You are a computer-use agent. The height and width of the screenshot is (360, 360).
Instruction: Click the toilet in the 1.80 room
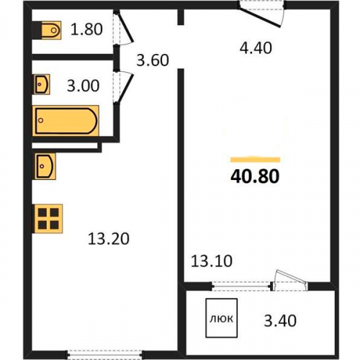[51, 30]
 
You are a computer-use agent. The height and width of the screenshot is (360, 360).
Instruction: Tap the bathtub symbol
[66, 121]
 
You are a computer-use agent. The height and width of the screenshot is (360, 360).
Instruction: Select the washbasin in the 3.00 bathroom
[42, 84]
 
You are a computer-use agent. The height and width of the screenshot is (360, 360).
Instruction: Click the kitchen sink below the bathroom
[45, 166]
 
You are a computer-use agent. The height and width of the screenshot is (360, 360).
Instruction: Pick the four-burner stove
[48, 219]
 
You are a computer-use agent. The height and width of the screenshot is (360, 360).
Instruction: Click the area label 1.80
[86, 30]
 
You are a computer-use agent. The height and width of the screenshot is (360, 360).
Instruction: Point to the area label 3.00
[83, 86]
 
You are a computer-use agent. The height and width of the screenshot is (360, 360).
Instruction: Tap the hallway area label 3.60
[153, 60]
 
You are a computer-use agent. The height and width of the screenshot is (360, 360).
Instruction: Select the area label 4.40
[256, 48]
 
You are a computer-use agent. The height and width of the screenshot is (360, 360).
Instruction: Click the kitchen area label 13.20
[109, 239]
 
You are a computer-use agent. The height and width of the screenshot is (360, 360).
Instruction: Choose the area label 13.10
[212, 261]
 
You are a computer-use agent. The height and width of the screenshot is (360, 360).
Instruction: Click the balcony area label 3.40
[280, 320]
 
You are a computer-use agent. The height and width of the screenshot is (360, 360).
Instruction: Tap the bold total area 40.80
[255, 176]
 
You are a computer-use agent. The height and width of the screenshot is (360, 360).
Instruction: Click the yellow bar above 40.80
[256, 160]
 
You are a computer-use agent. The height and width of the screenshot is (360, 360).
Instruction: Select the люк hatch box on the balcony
[222, 318]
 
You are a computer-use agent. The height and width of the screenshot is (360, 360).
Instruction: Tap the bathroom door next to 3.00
[123, 88]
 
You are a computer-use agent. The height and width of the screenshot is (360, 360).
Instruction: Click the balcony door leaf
[291, 278]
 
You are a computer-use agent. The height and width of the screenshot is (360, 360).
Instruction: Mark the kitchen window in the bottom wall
[104, 354]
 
